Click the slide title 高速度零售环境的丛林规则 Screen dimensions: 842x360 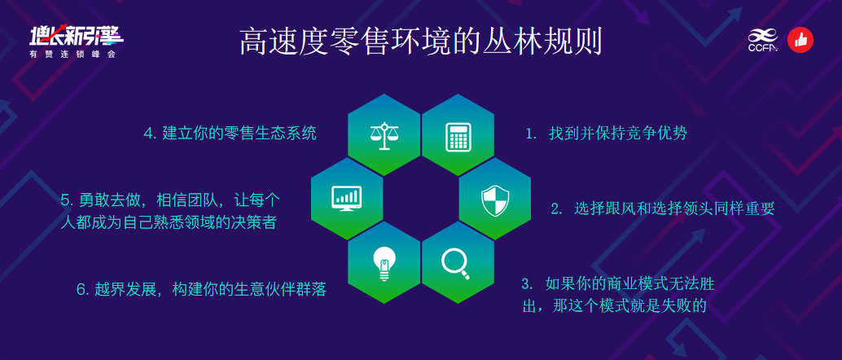(420, 41)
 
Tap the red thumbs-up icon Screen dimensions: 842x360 (800, 40)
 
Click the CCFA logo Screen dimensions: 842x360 (763, 40)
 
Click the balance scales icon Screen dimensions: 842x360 (384, 136)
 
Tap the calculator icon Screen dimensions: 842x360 (458, 137)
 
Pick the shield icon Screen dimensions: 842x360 (494, 200)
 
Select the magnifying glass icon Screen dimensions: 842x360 (455, 263)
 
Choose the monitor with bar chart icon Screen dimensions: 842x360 (347, 198)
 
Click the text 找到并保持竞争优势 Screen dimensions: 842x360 (617, 134)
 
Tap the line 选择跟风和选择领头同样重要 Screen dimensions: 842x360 (674, 209)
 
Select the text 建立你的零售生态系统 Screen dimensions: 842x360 (239, 134)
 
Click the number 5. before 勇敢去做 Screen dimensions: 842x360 (67, 200)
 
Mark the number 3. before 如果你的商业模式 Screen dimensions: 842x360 (528, 283)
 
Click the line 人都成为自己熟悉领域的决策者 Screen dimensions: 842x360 (169, 222)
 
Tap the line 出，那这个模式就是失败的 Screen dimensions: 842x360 (613, 305)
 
